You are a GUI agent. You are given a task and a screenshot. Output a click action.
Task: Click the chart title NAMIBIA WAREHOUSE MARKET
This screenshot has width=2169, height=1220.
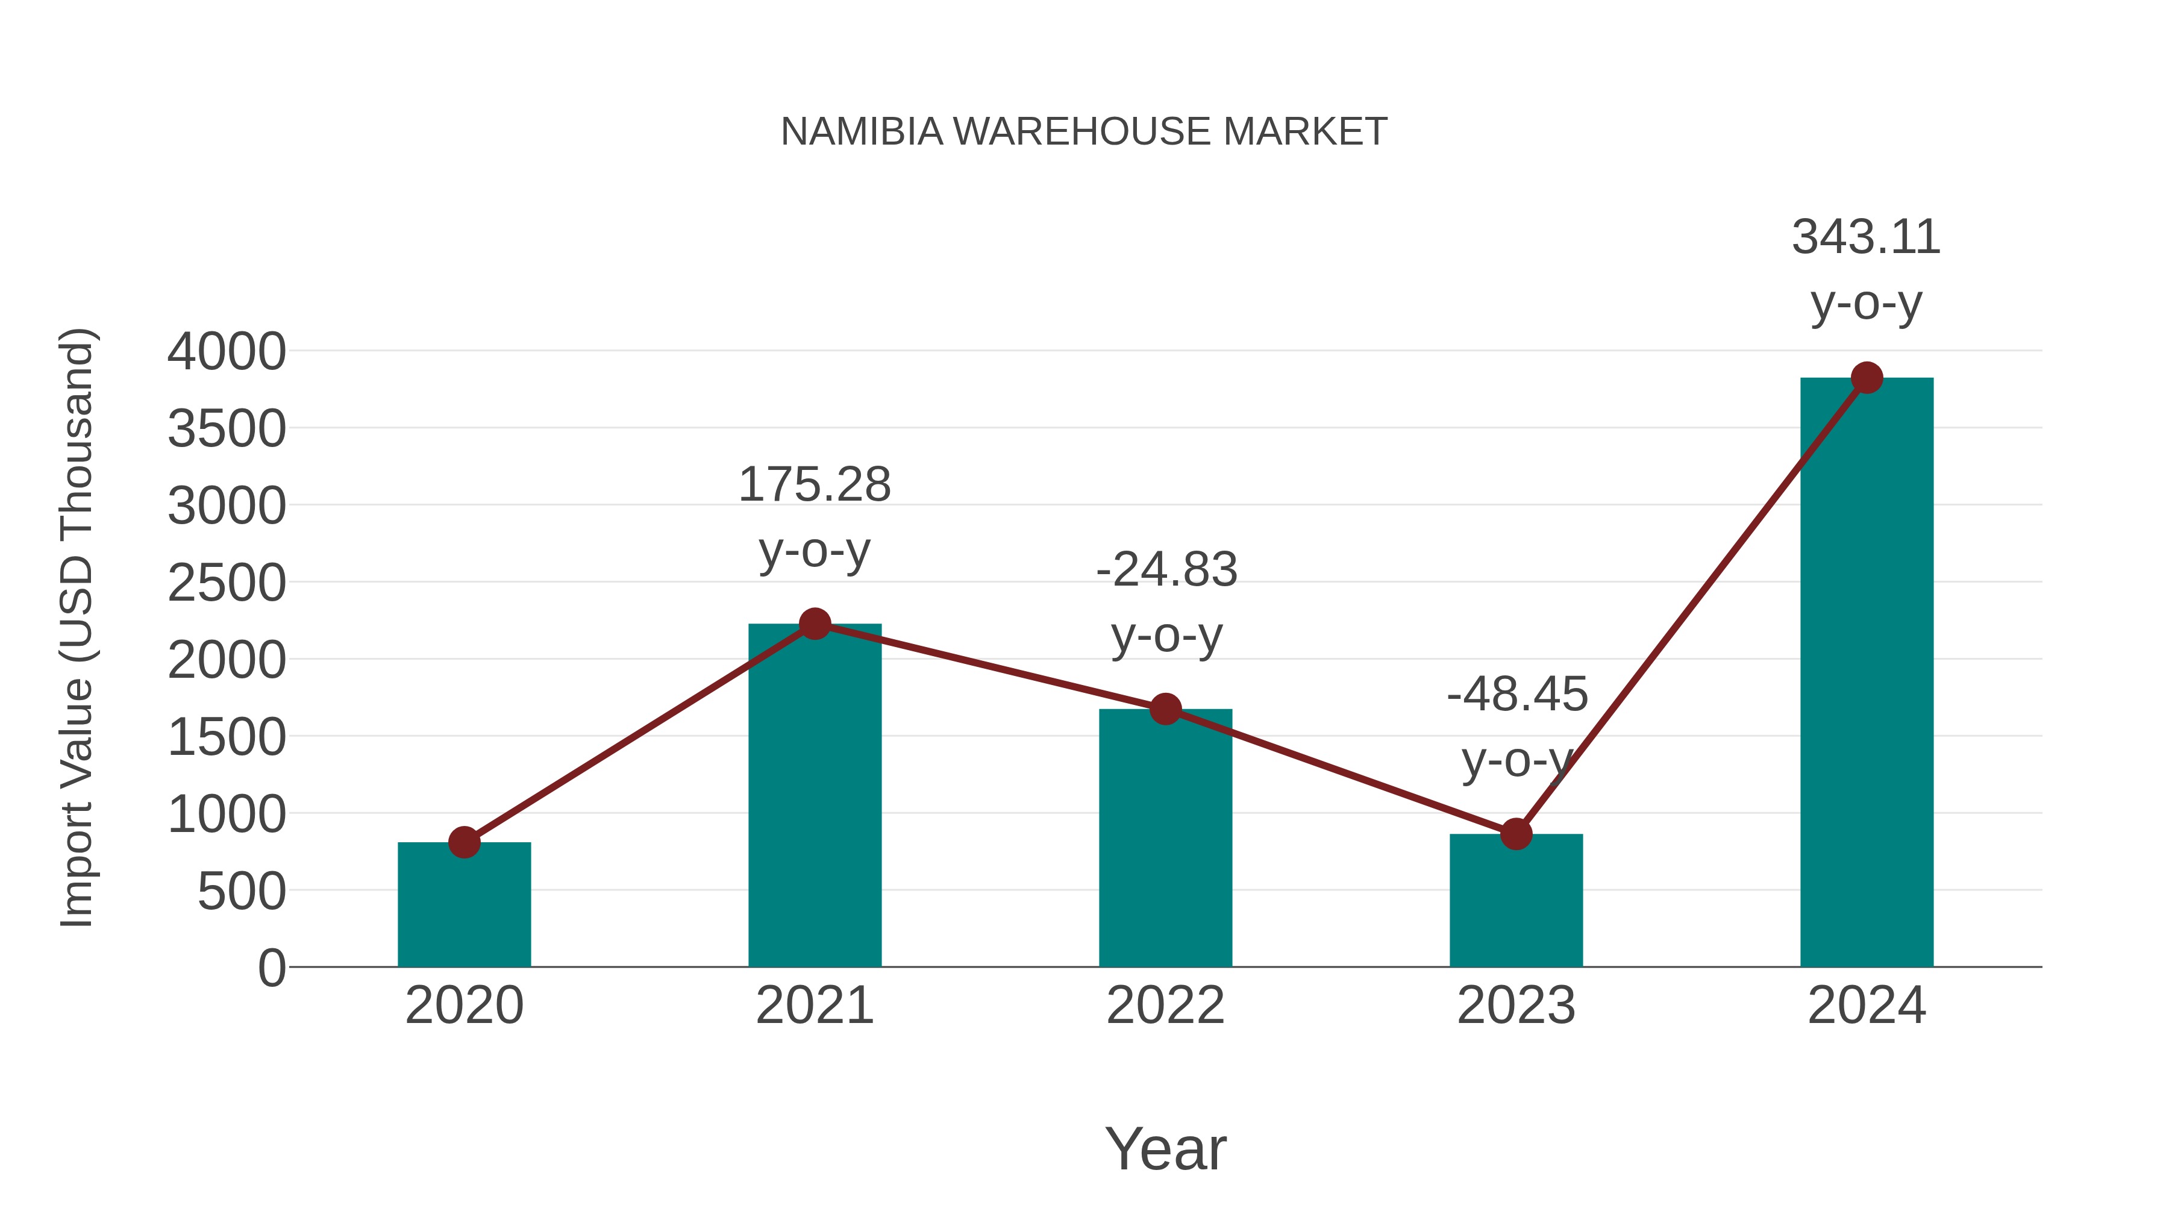coord(1084,131)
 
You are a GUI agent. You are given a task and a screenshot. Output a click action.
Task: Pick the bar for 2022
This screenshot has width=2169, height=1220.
coord(1165,842)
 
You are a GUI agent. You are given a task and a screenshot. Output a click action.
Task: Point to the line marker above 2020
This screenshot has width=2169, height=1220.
coord(464,842)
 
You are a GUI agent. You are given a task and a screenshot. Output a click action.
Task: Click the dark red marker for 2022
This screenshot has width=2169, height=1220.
coord(1165,709)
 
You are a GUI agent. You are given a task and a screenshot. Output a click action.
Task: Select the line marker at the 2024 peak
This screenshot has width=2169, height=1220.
coord(1867,378)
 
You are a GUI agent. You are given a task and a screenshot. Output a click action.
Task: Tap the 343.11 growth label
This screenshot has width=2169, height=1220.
coord(1866,237)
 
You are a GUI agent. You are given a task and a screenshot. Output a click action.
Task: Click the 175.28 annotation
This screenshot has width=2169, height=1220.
coord(814,485)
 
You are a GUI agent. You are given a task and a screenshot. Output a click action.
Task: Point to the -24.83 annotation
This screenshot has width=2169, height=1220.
coord(1166,570)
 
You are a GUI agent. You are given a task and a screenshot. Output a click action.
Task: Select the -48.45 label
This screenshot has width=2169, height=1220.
coord(1516,695)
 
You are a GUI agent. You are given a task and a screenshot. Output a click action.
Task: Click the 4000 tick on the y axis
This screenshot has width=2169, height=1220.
coord(227,352)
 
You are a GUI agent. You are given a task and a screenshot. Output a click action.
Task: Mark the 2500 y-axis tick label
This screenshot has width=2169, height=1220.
coord(227,583)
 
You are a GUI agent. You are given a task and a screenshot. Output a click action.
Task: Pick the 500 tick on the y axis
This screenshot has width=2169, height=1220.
coord(242,892)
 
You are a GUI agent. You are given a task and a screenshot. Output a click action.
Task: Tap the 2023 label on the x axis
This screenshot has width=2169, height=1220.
coord(1516,1006)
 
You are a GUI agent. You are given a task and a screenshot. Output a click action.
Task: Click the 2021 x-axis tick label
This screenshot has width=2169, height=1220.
coord(814,1006)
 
